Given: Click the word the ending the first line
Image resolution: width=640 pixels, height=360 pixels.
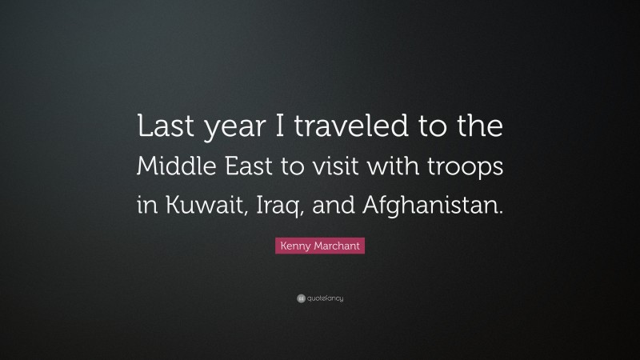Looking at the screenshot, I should [x=482, y=129].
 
